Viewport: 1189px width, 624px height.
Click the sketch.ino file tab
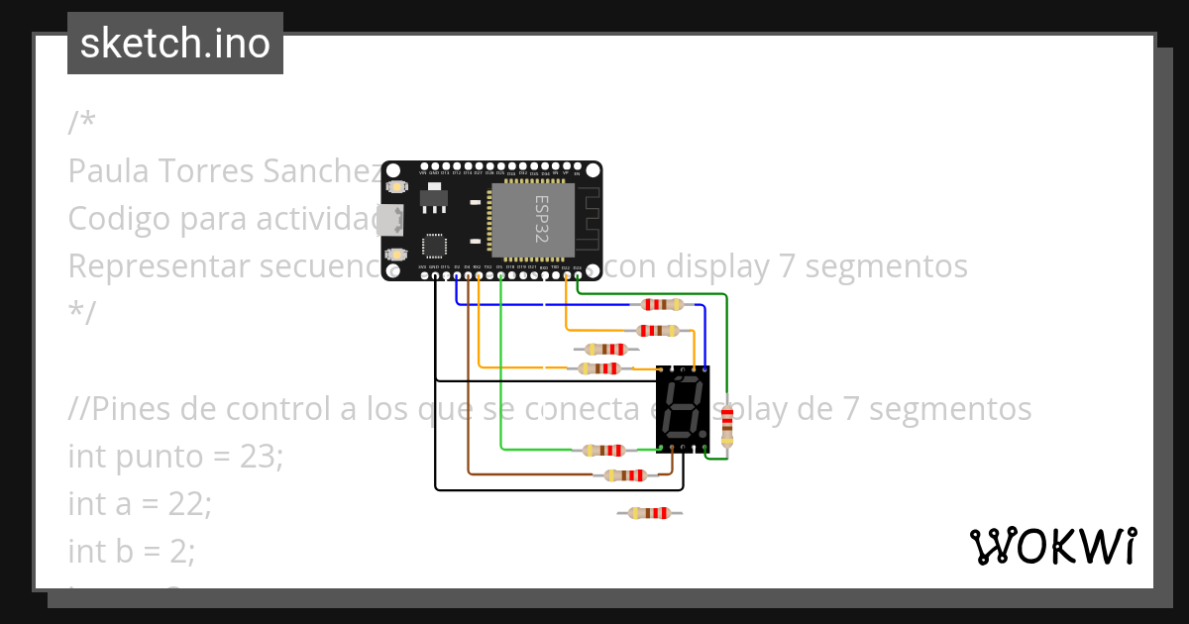point(175,44)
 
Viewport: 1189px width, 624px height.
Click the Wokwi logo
point(1052,546)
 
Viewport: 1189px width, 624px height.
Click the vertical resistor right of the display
point(728,426)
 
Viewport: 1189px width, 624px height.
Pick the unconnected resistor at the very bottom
point(649,512)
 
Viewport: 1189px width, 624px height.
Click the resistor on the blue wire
point(662,305)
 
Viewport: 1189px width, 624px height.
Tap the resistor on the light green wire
point(603,450)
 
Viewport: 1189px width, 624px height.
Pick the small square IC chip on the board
point(434,246)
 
